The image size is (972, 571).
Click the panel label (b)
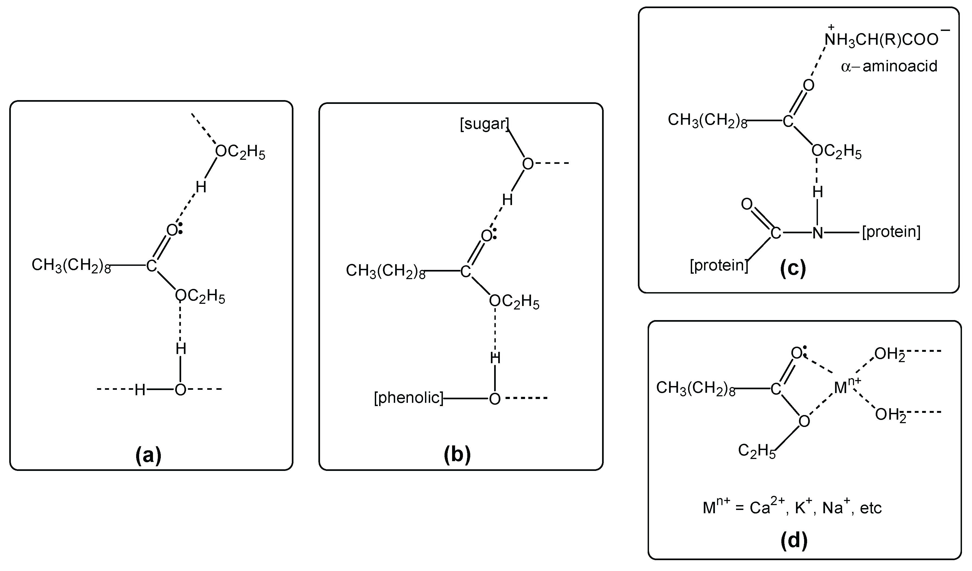pyautogui.click(x=458, y=455)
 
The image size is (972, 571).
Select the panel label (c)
pyautogui.click(x=793, y=269)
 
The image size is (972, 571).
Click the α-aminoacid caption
pyautogui.click(x=889, y=66)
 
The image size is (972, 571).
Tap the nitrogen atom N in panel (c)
pyautogui.click(x=818, y=233)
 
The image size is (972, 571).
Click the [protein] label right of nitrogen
pyautogui.click(x=891, y=232)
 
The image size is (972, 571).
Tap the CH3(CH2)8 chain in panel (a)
pyautogui.click(x=71, y=266)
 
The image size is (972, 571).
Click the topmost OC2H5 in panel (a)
pyautogui.click(x=240, y=152)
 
